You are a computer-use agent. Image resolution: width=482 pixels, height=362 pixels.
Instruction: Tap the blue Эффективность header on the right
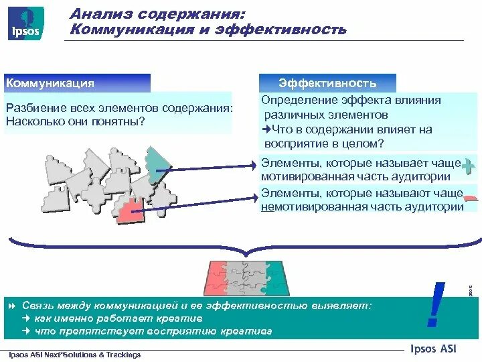tap(327, 83)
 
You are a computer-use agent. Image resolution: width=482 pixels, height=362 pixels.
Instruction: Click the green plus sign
tap(469, 164)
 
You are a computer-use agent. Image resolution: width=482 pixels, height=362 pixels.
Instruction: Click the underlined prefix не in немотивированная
tap(266, 207)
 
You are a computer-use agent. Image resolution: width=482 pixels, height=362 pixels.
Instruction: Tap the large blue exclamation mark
tap(438, 306)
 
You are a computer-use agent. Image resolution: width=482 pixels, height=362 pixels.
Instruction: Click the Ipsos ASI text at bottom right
tap(435, 347)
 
